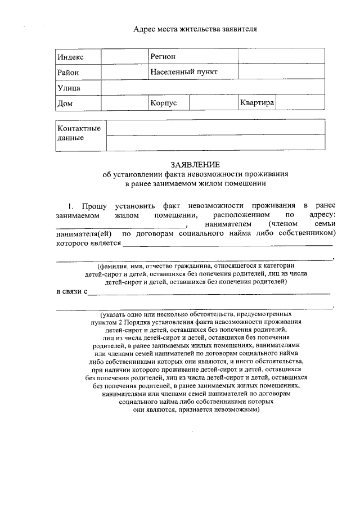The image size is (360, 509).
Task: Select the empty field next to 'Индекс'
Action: [124, 56]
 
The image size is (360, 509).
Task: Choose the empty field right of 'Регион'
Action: [281, 56]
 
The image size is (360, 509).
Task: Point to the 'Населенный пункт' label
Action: [184, 73]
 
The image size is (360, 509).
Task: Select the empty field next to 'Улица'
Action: [213, 88]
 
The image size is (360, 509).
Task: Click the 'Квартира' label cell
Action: [256, 103]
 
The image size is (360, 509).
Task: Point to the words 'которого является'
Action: [88, 243]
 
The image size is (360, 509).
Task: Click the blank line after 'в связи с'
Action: [209, 292]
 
